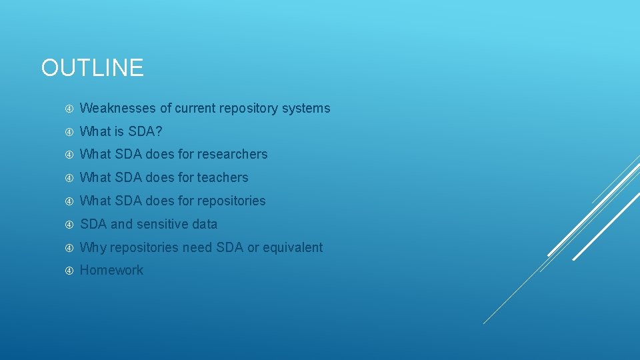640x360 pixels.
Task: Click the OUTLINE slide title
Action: pyautogui.click(x=92, y=68)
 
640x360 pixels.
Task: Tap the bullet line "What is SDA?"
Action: pyautogui.click(x=121, y=131)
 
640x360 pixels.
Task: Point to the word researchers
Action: pyautogui.click(x=233, y=154)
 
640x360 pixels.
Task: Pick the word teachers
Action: pyautogui.click(x=223, y=177)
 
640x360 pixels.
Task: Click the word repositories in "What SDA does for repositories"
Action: pyautogui.click(x=231, y=201)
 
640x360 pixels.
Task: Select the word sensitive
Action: pyautogui.click(x=163, y=224)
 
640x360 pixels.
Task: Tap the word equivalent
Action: pyautogui.click(x=293, y=247)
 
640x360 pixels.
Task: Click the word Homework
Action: pyautogui.click(x=111, y=270)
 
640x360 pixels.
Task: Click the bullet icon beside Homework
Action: pyautogui.click(x=69, y=271)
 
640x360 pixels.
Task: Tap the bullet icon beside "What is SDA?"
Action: pyautogui.click(x=69, y=132)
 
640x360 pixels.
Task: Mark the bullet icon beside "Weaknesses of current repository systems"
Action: pyautogui.click(x=69, y=109)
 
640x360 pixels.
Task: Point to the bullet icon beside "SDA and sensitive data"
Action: pyautogui.click(x=69, y=225)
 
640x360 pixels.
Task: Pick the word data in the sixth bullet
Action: pyautogui.click(x=205, y=224)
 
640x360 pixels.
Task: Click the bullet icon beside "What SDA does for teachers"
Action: pyautogui.click(x=69, y=178)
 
